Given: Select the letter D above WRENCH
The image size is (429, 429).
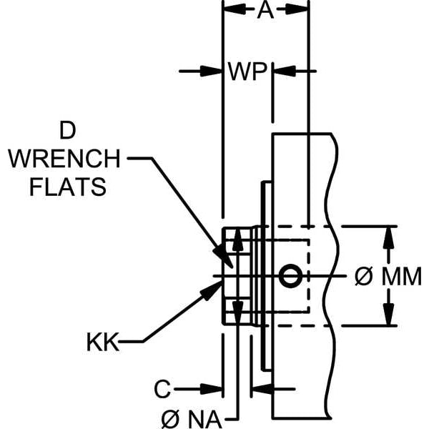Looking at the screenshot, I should tap(67, 131).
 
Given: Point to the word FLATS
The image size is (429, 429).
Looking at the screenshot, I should tap(67, 187).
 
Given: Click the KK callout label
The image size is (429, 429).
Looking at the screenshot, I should tap(102, 340).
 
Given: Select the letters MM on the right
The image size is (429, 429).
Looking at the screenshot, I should tap(401, 277).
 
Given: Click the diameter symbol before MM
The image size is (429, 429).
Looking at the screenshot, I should tap(363, 277).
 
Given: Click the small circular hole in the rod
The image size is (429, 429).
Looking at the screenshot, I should tap(290, 276).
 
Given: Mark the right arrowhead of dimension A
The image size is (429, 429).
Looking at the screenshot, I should tap(301, 10).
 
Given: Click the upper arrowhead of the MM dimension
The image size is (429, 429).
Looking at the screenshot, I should tap(388, 235).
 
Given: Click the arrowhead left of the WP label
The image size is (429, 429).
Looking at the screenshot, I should tap(214, 71).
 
